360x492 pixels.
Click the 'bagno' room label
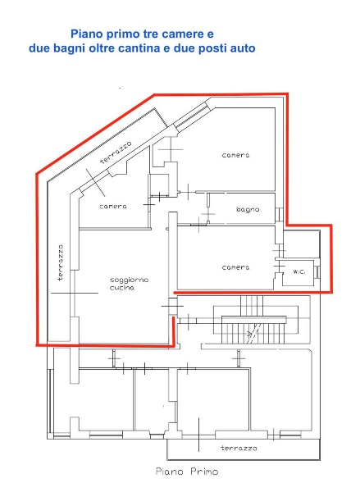click(248, 210)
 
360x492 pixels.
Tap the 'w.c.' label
click(298, 272)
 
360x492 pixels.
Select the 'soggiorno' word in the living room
click(129, 280)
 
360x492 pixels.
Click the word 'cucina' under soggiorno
click(122, 288)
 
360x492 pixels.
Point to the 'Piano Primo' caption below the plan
click(187, 471)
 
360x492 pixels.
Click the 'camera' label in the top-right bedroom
click(235, 155)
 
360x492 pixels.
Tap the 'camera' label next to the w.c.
click(235, 267)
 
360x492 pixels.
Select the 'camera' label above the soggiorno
click(113, 207)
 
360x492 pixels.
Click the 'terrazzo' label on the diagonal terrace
click(116, 153)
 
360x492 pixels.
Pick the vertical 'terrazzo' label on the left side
click(60, 263)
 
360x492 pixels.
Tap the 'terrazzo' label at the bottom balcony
click(239, 449)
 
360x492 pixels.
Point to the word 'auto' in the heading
click(243, 48)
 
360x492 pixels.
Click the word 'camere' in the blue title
click(175, 34)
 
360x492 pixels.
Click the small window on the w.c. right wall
click(318, 272)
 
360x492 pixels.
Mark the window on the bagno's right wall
click(280, 215)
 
